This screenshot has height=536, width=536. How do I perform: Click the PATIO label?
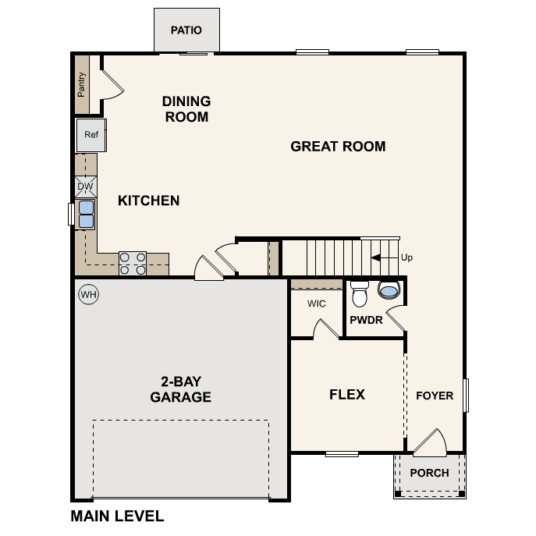(186, 30)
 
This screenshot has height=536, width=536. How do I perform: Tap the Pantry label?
(81, 84)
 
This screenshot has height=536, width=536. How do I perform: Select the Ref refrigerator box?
(91, 134)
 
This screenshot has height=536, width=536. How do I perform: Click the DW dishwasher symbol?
(86, 186)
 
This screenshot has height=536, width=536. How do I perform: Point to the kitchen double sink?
(86, 213)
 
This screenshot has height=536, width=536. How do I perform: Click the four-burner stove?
(133, 263)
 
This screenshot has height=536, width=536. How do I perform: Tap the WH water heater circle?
(88, 295)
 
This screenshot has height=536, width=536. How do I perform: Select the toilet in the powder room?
(359, 294)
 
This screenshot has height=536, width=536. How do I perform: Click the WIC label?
(316, 303)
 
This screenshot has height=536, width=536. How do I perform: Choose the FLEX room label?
(347, 395)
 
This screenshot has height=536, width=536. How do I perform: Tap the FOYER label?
(434, 396)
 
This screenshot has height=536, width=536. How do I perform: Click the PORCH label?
(429, 473)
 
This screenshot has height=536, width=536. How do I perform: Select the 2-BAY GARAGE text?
(180, 389)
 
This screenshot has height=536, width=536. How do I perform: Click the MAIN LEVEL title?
(117, 516)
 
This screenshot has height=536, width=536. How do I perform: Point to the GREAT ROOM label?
(338, 146)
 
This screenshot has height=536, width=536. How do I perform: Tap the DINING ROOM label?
(186, 109)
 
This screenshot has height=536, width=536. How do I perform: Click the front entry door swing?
(430, 442)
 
